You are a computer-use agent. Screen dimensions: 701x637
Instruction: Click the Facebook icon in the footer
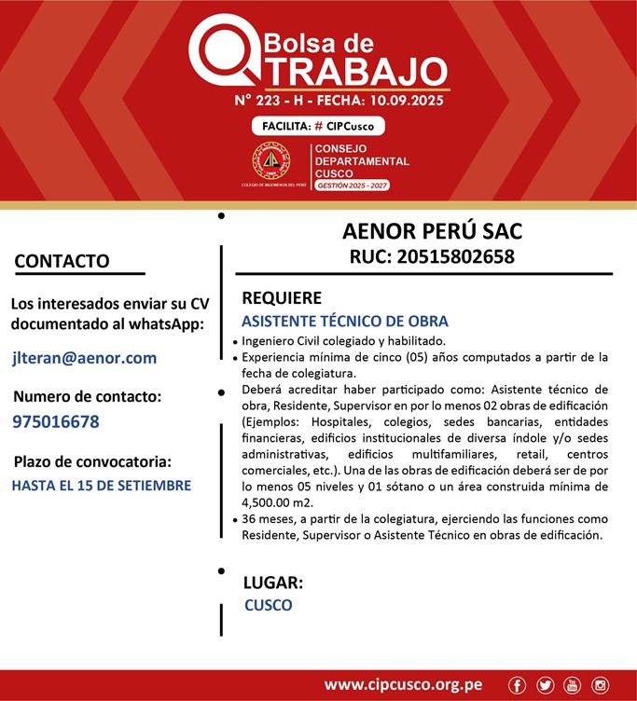pos(518,685)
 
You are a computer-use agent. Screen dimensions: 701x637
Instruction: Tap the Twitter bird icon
pos(545,685)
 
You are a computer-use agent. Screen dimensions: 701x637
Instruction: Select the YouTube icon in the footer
pos(572,685)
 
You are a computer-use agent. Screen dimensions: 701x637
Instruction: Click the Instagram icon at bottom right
pos(600,685)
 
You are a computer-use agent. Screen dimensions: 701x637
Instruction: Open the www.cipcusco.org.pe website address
pos(403,685)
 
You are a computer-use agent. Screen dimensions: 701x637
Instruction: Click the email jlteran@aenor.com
pos(85,358)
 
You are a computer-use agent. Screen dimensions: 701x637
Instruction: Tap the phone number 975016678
pos(56,421)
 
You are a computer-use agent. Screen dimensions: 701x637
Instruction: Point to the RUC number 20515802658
pos(432,256)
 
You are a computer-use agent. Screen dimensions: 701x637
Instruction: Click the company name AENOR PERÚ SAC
pos(432,230)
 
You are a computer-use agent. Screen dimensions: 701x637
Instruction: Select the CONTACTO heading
pos(62,261)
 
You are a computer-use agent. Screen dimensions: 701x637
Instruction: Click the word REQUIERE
pos(282,298)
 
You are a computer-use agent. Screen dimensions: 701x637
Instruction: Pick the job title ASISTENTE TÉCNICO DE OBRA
pos(344,321)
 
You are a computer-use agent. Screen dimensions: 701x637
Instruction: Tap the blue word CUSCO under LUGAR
pos(269,605)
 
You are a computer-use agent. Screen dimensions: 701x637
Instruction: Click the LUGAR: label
pos(273,583)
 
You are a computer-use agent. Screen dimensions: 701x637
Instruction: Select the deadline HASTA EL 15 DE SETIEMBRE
pos(102,486)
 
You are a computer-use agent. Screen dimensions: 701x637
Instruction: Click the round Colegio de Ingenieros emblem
pos(271,161)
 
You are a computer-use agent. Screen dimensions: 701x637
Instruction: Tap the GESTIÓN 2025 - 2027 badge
pos(352,186)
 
